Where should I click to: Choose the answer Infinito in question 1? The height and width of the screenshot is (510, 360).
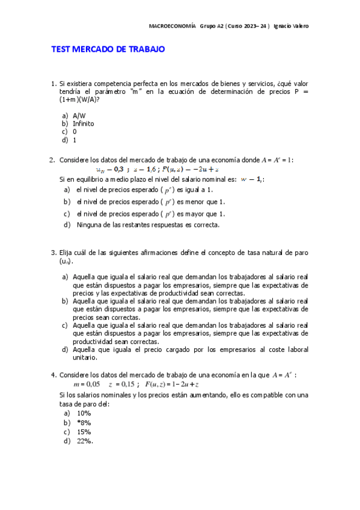tap(83, 123)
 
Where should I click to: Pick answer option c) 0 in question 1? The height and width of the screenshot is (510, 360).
tap(75, 131)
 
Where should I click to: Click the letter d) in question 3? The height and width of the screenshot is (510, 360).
tap(65, 349)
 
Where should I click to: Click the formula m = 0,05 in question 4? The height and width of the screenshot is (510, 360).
tap(87, 384)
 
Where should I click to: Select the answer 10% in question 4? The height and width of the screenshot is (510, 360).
tap(84, 413)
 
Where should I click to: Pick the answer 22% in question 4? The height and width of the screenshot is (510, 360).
tap(85, 441)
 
